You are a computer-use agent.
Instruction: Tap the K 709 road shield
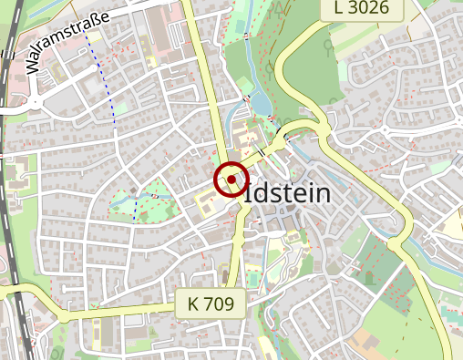211,303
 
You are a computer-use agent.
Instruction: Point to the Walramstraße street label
67,43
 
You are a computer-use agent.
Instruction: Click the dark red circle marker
231,180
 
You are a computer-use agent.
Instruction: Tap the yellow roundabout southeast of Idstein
395,243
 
